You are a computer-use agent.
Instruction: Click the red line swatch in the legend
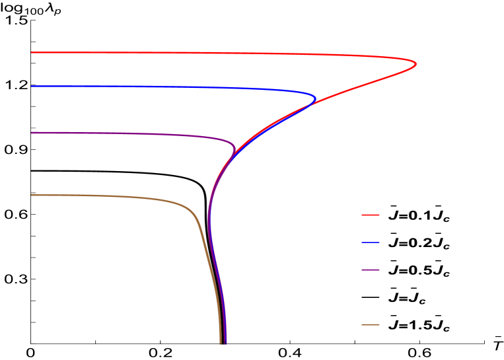[371, 215]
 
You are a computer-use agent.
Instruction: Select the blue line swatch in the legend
[371, 242]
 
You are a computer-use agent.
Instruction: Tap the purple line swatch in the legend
[371, 270]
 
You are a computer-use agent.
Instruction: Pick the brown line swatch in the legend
[371, 325]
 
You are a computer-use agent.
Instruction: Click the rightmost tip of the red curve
[415, 64]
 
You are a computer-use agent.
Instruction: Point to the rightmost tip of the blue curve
[315, 100]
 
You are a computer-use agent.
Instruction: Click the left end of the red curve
[32, 52]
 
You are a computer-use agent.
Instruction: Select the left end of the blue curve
[32, 87]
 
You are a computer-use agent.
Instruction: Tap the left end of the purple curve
[32, 133]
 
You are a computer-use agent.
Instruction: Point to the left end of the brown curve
[32, 196]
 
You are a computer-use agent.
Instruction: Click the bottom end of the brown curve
[220, 343]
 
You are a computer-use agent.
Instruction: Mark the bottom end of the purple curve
[225, 343]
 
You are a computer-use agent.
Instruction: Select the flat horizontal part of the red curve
[165, 53]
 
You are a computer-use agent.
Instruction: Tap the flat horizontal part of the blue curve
[132, 87]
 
